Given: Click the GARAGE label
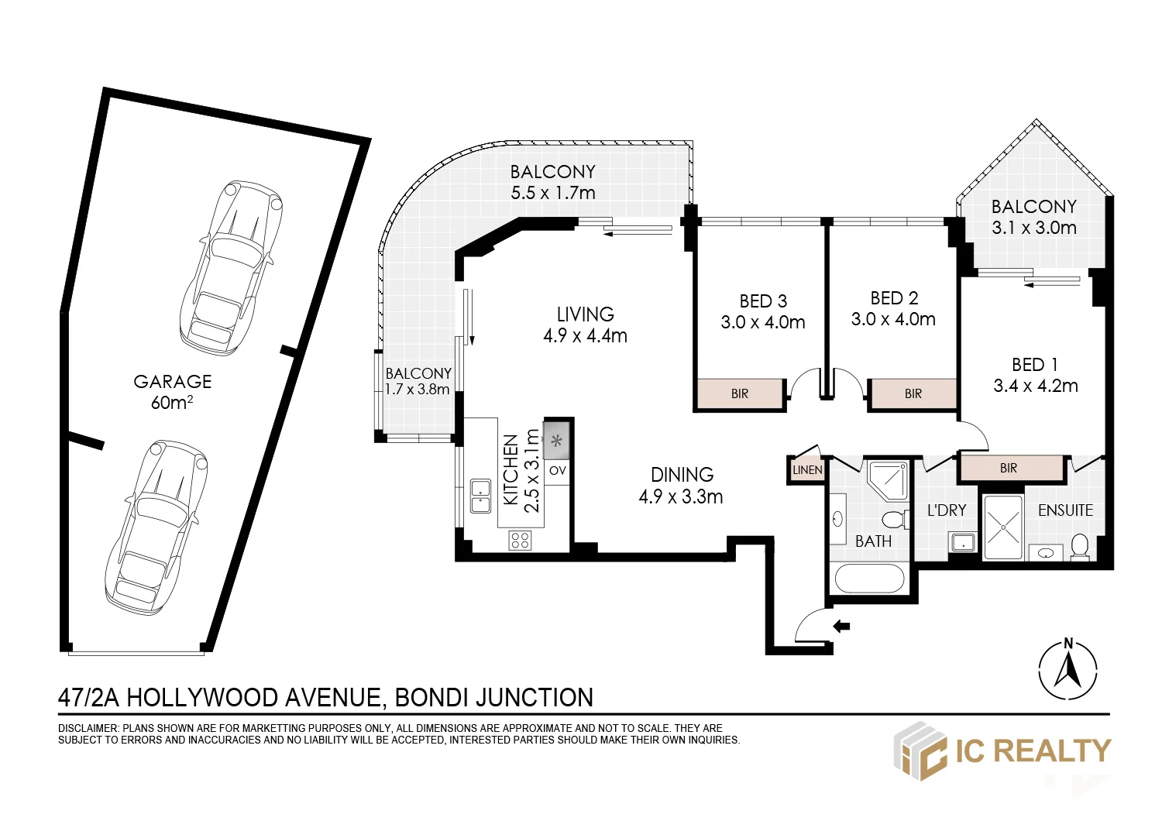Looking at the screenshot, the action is pyautogui.click(x=172, y=382).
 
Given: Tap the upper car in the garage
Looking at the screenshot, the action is pyautogui.click(x=231, y=268).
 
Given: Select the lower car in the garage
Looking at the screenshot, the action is pyautogui.click(x=156, y=528).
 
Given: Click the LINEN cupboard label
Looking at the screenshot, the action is pyautogui.click(x=807, y=470).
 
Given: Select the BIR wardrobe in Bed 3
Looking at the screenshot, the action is pyautogui.click(x=739, y=393).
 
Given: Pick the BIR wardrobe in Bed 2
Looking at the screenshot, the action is pyautogui.click(x=913, y=393).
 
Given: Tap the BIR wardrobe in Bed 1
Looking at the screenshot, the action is pyautogui.click(x=1009, y=469).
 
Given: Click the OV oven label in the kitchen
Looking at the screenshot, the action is pyautogui.click(x=557, y=470).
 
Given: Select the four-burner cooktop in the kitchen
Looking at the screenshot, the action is pyautogui.click(x=520, y=540).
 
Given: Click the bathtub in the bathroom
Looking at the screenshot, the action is pyautogui.click(x=869, y=579).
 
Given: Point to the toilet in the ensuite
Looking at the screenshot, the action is pyautogui.click(x=1080, y=547).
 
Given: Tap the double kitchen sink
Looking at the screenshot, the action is pyautogui.click(x=481, y=496).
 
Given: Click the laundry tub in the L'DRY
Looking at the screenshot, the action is pyautogui.click(x=963, y=542).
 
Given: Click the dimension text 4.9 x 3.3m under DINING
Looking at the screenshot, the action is pyautogui.click(x=681, y=496).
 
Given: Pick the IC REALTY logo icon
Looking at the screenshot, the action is pyautogui.click(x=920, y=751).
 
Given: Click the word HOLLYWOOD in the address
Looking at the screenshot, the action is pyautogui.click(x=203, y=698).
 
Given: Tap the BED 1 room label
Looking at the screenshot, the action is pyautogui.click(x=1035, y=365).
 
